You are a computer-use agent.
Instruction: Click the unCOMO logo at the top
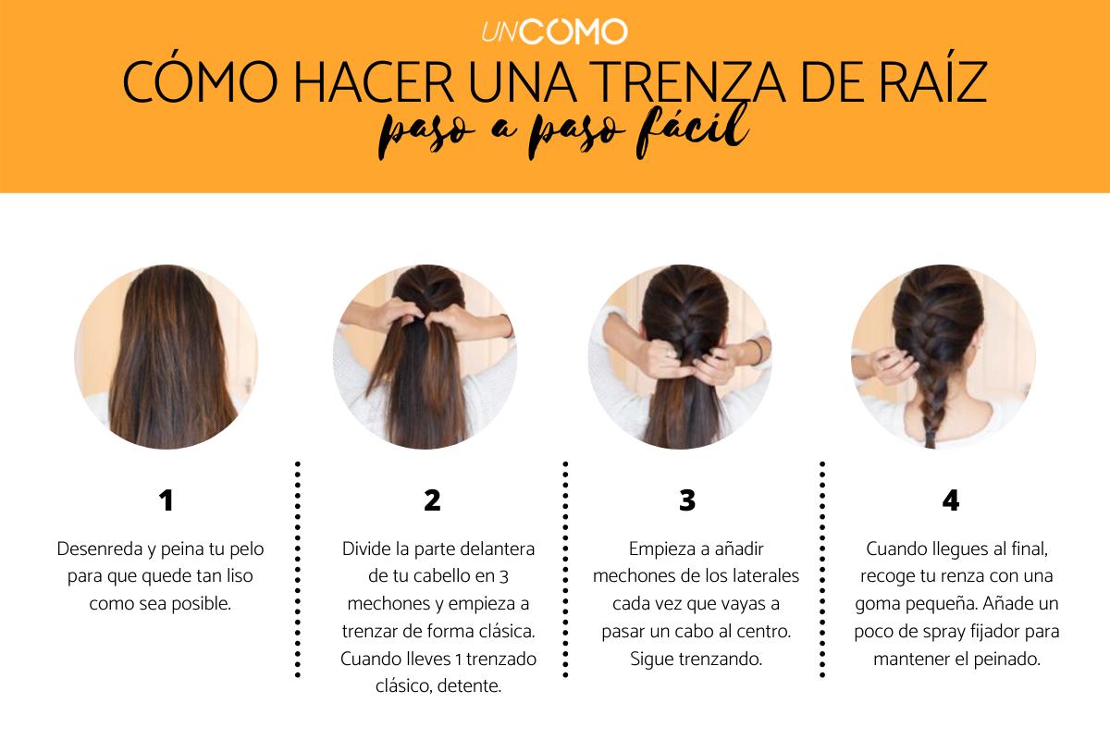point(554,31)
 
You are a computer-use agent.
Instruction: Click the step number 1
point(166,500)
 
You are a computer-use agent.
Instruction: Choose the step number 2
point(432,500)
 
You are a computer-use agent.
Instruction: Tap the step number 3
point(686,500)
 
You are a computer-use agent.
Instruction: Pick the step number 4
point(950,500)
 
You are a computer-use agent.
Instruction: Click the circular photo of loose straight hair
point(166,357)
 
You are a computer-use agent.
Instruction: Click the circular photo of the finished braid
point(943,357)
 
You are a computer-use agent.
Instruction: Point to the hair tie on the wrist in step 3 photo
point(756,351)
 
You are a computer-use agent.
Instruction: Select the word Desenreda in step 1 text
point(96,549)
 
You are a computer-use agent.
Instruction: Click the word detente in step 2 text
point(468,688)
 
